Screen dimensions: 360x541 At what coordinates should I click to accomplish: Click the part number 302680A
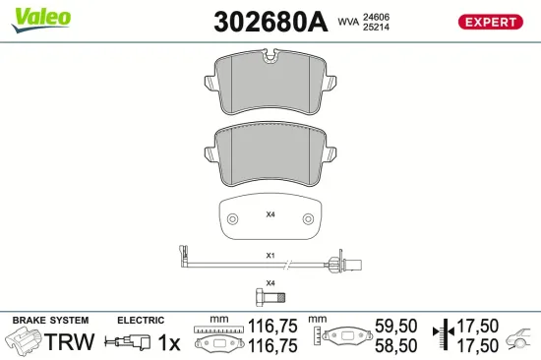269,23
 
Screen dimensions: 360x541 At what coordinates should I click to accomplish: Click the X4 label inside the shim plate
270,213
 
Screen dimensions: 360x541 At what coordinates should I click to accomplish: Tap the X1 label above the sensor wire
270,255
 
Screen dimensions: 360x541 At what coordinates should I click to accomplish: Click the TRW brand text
71,342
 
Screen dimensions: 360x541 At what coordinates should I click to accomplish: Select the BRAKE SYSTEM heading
49,321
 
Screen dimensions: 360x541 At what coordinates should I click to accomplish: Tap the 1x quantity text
170,342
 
